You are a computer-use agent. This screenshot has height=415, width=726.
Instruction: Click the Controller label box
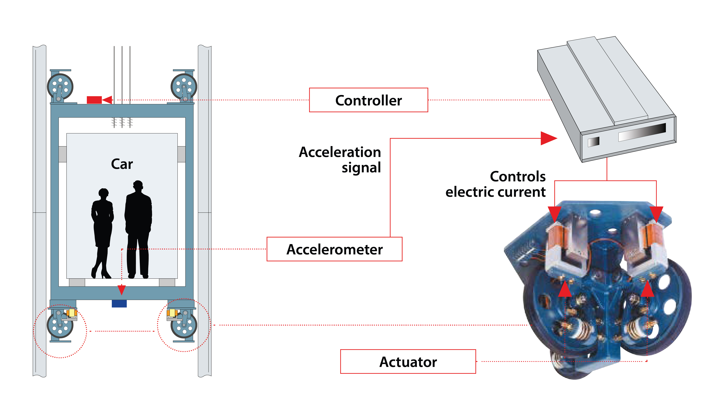[368, 100]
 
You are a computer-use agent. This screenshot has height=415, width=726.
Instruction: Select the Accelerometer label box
[334, 249]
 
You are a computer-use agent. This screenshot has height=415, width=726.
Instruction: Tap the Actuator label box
[408, 361]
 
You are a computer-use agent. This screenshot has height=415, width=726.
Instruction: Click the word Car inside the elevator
[122, 164]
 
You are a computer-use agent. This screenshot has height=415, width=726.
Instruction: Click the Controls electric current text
[496, 184]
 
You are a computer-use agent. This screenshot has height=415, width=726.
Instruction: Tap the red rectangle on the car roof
[94, 100]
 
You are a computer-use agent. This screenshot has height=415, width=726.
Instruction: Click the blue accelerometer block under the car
[119, 304]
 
